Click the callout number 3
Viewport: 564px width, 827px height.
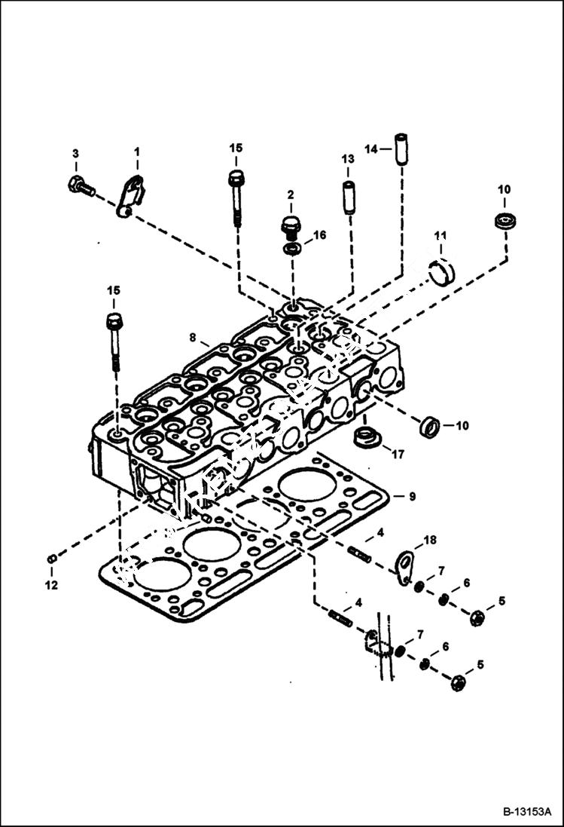coord(75,154)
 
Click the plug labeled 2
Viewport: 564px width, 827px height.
coord(291,225)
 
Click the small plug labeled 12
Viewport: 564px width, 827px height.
coord(51,559)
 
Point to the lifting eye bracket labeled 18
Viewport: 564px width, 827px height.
coord(407,565)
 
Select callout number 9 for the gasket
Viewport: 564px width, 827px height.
coord(412,497)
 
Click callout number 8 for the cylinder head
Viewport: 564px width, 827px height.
coord(193,337)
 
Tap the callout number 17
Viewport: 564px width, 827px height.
coord(397,455)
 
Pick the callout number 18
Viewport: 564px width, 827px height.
coord(430,540)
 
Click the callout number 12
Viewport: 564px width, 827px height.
coord(51,584)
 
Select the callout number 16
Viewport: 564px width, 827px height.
coord(320,235)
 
